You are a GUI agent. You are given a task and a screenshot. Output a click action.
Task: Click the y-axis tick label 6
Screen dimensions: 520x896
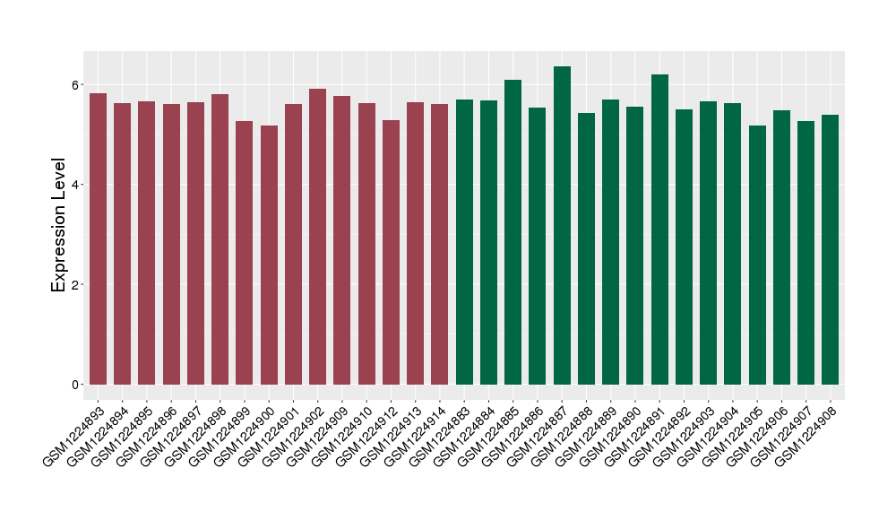click(76, 85)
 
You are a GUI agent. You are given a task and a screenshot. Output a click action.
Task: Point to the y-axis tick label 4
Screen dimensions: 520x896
click(76, 185)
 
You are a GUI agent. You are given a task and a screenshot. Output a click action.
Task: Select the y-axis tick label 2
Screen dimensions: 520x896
click(76, 285)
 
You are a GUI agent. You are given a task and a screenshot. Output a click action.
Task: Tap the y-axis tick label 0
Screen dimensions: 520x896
click(76, 385)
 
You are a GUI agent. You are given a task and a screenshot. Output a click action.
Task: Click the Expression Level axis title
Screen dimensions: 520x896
click(59, 225)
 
